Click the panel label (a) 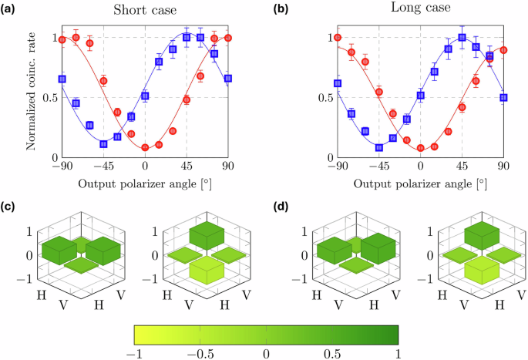click(x=10, y=11)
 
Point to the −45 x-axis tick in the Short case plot click(x=101, y=166)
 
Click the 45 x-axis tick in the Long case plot click(x=462, y=166)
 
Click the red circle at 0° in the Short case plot click(x=145, y=147)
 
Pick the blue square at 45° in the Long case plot click(x=462, y=37)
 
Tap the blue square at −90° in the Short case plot click(x=62, y=79)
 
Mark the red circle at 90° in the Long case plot click(x=503, y=50)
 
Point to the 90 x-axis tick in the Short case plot click(x=228, y=166)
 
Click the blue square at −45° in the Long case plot click(x=378, y=147)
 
